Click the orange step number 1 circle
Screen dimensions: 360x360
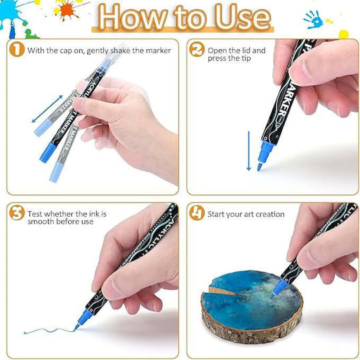click(17, 50)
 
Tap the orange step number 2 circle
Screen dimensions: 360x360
click(197, 49)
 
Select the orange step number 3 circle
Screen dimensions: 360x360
click(17, 213)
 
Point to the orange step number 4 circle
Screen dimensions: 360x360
click(197, 213)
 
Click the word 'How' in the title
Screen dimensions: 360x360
click(133, 18)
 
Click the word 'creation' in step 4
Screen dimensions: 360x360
click(270, 214)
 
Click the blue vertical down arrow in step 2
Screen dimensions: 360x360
click(249, 151)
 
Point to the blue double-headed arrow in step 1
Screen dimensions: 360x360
click(47, 109)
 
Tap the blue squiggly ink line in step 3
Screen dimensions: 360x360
click(49, 331)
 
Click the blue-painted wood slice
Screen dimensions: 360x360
click(252, 307)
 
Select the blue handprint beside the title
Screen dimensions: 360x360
click(313, 20)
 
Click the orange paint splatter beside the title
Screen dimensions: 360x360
click(68, 10)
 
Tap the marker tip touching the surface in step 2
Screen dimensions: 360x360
click(259, 167)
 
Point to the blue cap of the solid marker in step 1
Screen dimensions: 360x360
click(48, 153)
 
